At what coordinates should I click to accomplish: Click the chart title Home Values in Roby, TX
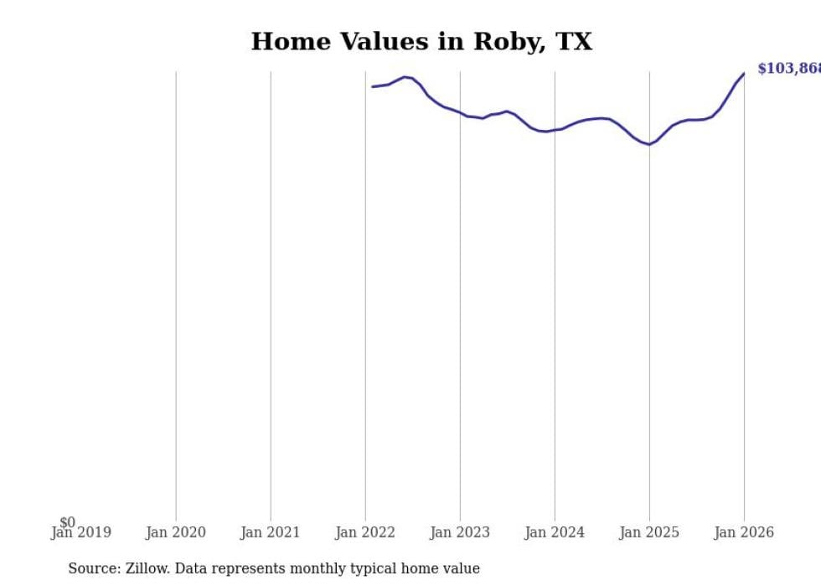(421, 42)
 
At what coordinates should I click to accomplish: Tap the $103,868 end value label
(788, 69)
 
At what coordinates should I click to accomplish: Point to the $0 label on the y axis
(67, 522)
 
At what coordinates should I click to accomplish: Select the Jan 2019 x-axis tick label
(80, 532)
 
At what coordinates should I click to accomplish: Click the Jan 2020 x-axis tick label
(175, 532)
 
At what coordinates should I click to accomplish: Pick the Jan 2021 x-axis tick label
(270, 532)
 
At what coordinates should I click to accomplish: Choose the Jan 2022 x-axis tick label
(365, 532)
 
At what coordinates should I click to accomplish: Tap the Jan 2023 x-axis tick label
(460, 532)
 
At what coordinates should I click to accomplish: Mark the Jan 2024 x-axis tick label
(555, 532)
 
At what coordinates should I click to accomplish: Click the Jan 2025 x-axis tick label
(649, 532)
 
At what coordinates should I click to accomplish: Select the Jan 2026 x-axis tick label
(744, 532)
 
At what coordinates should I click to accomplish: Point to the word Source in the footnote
(93, 568)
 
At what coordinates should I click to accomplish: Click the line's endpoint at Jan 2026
(744, 74)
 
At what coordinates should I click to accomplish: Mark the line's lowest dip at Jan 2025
(649, 144)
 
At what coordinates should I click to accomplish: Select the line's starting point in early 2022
(373, 86)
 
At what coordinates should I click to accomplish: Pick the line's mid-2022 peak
(405, 77)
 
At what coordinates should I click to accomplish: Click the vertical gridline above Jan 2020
(176, 293)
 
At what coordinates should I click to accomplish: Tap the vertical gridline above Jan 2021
(271, 293)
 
